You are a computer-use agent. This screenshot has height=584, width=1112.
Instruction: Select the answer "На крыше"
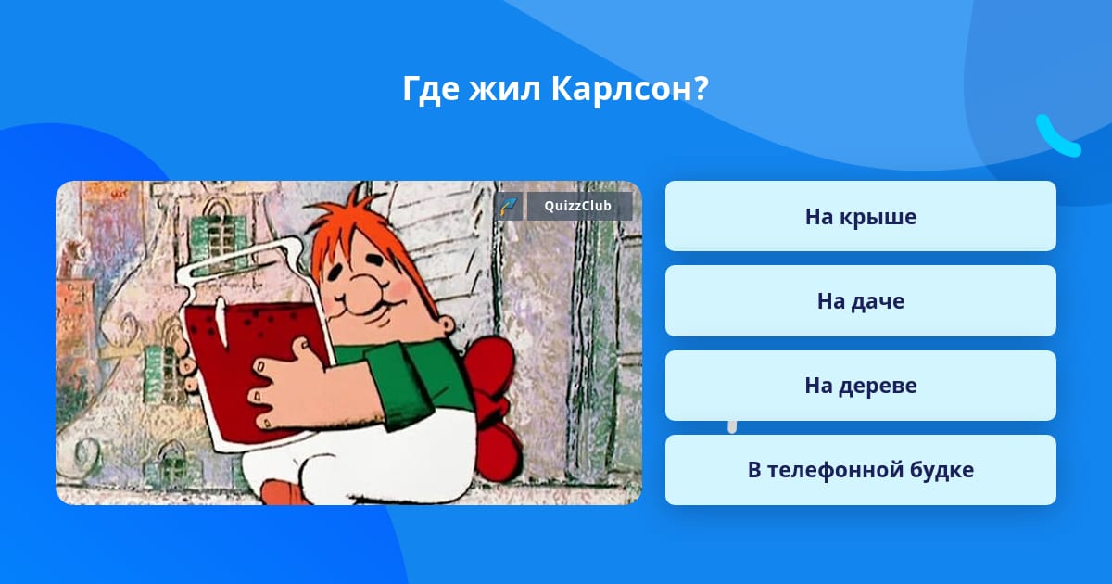click(860, 217)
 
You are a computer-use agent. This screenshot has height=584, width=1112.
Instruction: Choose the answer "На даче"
click(860, 301)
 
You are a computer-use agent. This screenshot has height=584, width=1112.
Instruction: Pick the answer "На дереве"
click(860, 386)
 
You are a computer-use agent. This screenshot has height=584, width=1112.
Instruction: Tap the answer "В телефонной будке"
click(860, 470)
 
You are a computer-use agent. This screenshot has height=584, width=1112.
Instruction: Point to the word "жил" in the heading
click(504, 90)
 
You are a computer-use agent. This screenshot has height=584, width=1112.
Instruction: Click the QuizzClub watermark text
click(577, 206)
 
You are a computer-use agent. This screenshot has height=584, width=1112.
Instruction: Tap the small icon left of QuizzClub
click(509, 206)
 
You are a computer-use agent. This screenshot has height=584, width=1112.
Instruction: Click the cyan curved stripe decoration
click(1057, 136)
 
